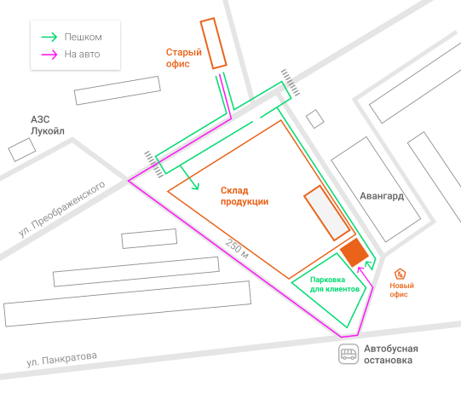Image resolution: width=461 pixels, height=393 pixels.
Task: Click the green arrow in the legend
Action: pos(49,37)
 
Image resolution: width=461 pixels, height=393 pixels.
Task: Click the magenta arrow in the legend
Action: pos(49,55)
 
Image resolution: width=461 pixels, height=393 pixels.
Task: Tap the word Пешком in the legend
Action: pos(84,37)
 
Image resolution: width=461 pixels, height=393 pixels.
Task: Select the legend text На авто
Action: pos(82,54)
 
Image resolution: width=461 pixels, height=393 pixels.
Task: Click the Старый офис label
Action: pos(184,58)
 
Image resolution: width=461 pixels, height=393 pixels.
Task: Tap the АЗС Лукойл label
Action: pos(48,125)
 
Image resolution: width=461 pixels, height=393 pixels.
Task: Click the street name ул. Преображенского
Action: pos(61,209)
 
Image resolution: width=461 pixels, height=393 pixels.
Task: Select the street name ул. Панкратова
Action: pos(61,359)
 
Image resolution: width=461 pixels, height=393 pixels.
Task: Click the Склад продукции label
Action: pos(245,196)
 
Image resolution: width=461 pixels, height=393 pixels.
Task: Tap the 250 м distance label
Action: pos(237,249)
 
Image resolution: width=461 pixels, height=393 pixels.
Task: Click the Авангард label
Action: pos(382,196)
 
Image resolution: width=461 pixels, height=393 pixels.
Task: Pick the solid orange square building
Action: pos(354,252)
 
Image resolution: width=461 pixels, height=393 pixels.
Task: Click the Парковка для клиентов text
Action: pos(335,284)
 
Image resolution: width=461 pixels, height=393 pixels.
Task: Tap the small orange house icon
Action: pos(400,274)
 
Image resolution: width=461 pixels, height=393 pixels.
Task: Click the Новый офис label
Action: pos(401,290)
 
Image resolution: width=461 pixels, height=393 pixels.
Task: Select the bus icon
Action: pos(349,354)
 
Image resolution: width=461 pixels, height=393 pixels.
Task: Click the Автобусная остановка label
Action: pos(391,354)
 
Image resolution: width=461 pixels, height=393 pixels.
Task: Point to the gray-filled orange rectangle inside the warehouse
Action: pos(326,212)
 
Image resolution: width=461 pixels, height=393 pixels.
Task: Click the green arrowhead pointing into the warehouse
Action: pos(196,187)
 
